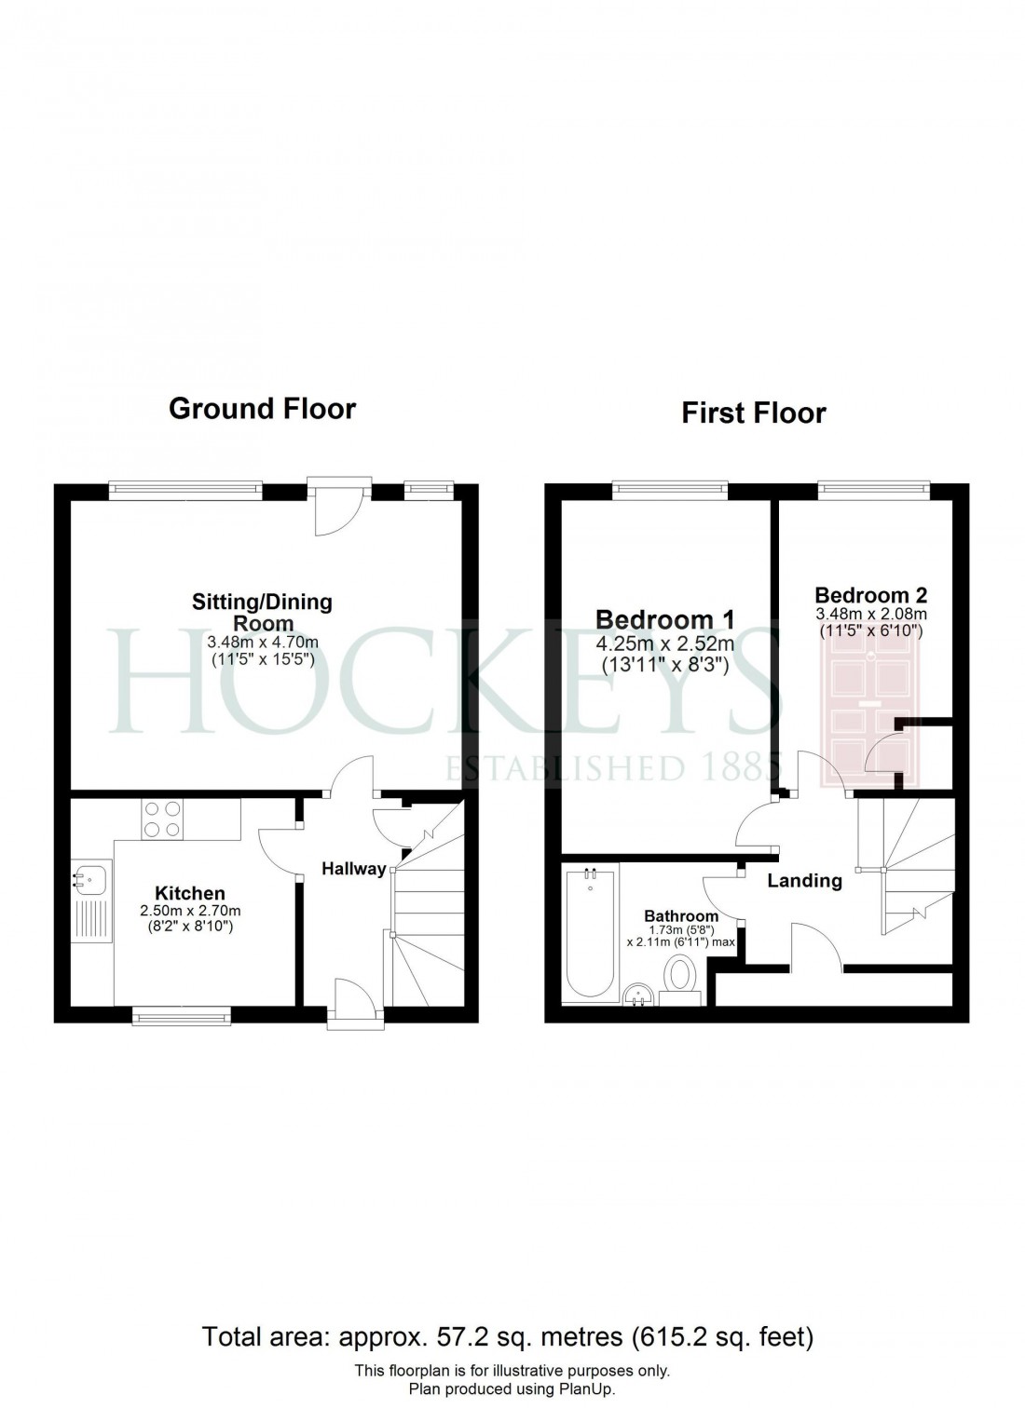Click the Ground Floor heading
262,409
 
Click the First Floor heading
753,413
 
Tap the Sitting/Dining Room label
262,612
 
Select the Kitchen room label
189,894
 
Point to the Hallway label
353,869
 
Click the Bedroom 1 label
664,619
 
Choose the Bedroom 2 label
870,595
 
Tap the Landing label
804,881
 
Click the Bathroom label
681,916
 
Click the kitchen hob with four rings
162,819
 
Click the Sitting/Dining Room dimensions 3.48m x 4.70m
262,643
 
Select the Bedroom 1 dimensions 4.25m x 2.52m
664,643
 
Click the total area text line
508,1338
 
